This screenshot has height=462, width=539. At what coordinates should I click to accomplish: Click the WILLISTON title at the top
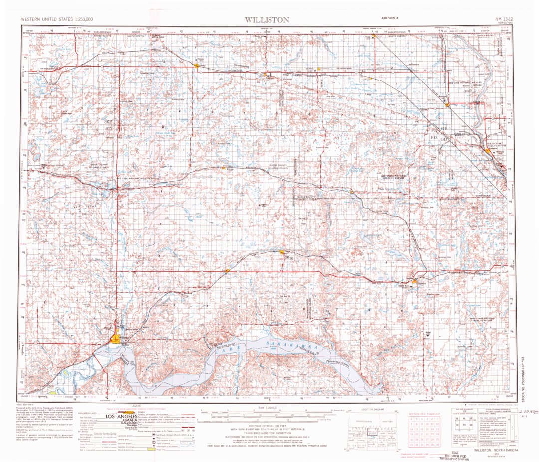[267, 20]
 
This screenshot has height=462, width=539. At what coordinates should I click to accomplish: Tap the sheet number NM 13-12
[499, 19]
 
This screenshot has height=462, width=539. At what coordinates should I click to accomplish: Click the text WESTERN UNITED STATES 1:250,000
[57, 19]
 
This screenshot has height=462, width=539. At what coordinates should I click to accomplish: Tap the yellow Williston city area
[116, 338]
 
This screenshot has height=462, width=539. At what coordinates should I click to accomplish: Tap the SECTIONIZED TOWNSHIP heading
[424, 414]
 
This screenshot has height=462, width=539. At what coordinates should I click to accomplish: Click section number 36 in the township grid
[437, 444]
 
